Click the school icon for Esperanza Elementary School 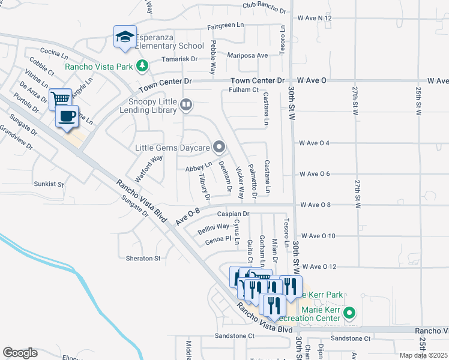tap(125, 38)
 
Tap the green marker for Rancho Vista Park tap(142, 66)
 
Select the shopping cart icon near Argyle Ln tap(60, 98)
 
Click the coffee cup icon tap(67, 115)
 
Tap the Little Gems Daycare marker tap(220, 146)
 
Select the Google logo tap(20, 353)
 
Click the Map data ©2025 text tap(424, 355)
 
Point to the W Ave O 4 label tap(315, 143)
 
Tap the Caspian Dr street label tap(233, 214)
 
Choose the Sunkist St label tap(49, 185)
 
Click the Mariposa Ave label tap(247, 55)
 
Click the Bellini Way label tap(214, 226)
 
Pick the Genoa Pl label tap(218, 239)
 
